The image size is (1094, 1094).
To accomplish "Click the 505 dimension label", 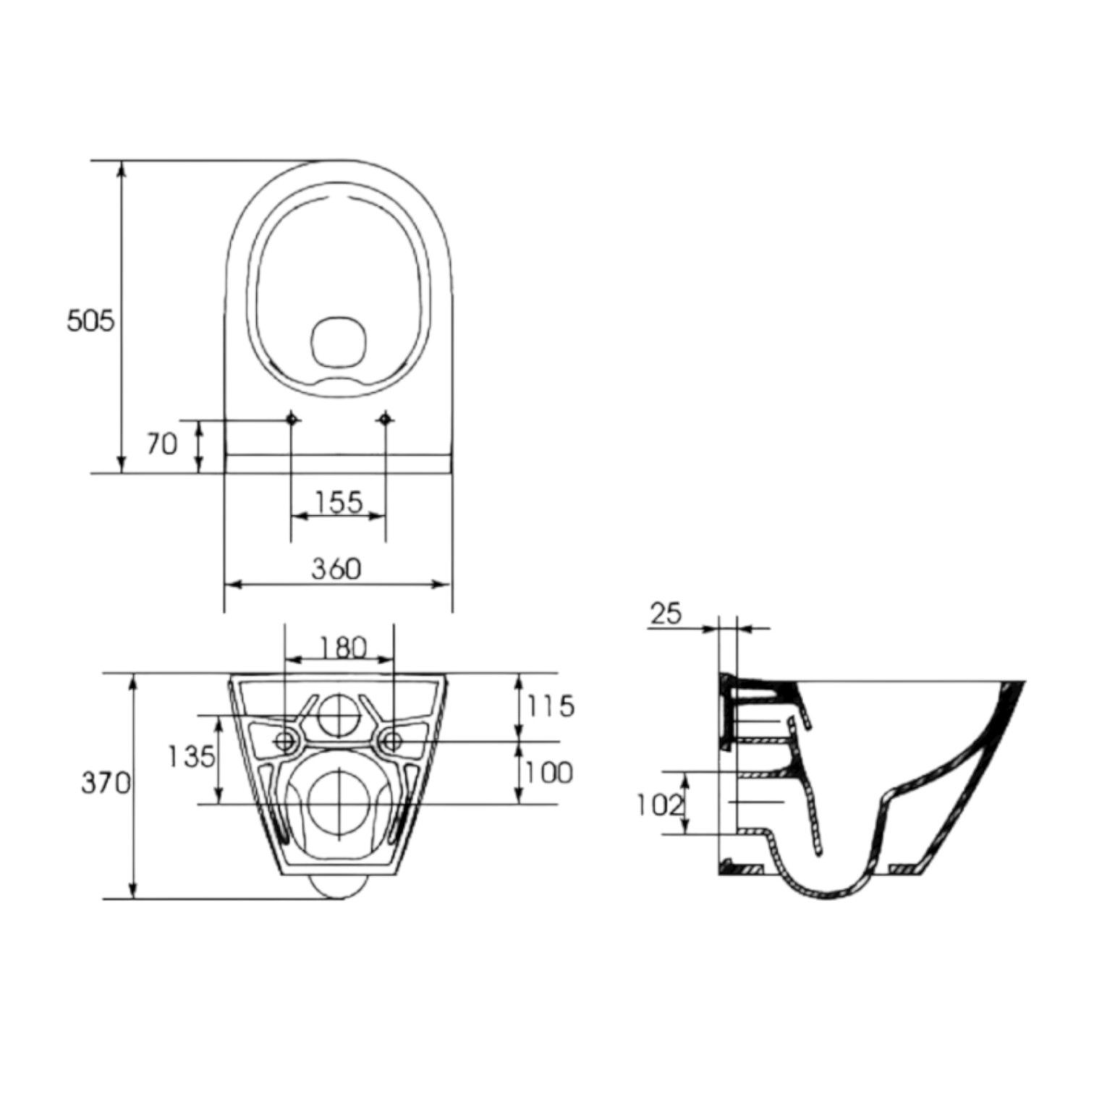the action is (x=90, y=320).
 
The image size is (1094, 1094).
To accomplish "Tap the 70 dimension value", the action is (x=162, y=444).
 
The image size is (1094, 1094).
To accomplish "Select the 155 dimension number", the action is (x=339, y=501).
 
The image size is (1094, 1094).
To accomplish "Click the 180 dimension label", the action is (x=343, y=647).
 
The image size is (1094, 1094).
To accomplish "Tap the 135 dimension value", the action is (x=191, y=757).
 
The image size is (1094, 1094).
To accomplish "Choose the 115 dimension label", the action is (x=551, y=705).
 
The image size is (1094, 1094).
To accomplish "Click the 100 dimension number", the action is (x=549, y=773).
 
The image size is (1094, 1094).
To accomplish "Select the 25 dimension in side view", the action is (x=666, y=614).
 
